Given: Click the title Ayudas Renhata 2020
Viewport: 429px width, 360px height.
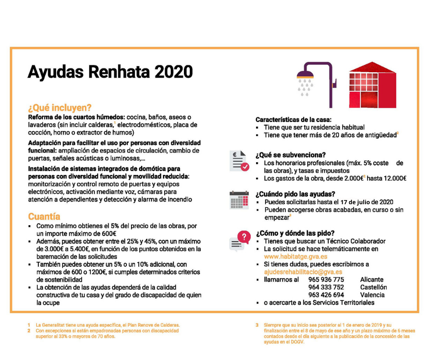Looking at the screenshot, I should tap(110, 72).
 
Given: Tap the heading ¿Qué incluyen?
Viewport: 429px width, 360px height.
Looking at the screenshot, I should tap(60, 108).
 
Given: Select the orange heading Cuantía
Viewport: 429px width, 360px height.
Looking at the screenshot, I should tap(44, 216).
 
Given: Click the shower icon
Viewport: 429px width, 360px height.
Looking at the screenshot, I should tap(314, 80).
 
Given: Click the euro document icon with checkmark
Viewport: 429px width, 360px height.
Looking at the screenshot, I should tap(239, 161).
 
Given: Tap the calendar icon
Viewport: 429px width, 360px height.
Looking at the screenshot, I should tap(239, 200).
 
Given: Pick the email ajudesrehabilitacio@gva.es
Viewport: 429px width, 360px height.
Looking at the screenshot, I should tap(303, 272).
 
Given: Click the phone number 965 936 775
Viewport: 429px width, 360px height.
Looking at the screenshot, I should tap(326, 280).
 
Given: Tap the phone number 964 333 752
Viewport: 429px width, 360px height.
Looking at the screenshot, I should tap(326, 287).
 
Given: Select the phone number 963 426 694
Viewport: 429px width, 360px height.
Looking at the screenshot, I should tap(326, 295).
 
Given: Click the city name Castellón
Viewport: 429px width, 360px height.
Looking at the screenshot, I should tap(373, 287).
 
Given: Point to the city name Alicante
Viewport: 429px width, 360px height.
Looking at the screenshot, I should tap(372, 280).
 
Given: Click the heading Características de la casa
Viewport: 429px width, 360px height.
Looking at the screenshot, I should tap(297, 119).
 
